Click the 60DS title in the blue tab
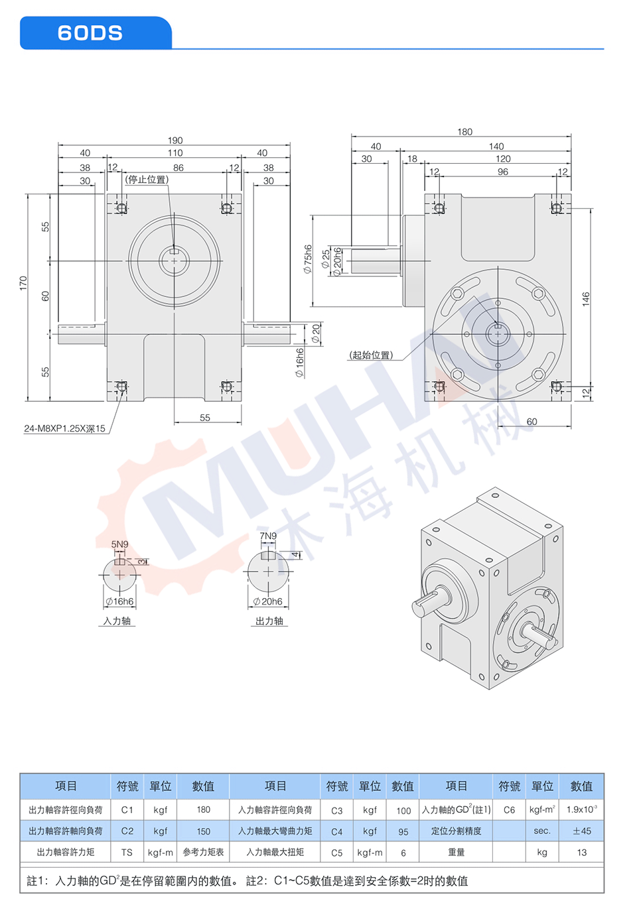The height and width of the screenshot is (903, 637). [x=90, y=33]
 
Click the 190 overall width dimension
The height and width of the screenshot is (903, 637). [x=175, y=141]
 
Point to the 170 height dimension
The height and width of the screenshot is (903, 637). [x=23, y=283]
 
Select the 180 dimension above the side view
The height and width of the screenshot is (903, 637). [x=464, y=132]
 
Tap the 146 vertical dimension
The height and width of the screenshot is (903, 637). [x=586, y=299]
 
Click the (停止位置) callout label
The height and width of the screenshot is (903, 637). [x=147, y=180]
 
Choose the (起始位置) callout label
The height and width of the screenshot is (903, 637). [x=371, y=355]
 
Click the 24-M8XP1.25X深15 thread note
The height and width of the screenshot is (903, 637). [x=64, y=428]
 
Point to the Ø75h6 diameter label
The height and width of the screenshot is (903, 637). [x=307, y=259]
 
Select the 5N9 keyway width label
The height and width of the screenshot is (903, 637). [x=120, y=544]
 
